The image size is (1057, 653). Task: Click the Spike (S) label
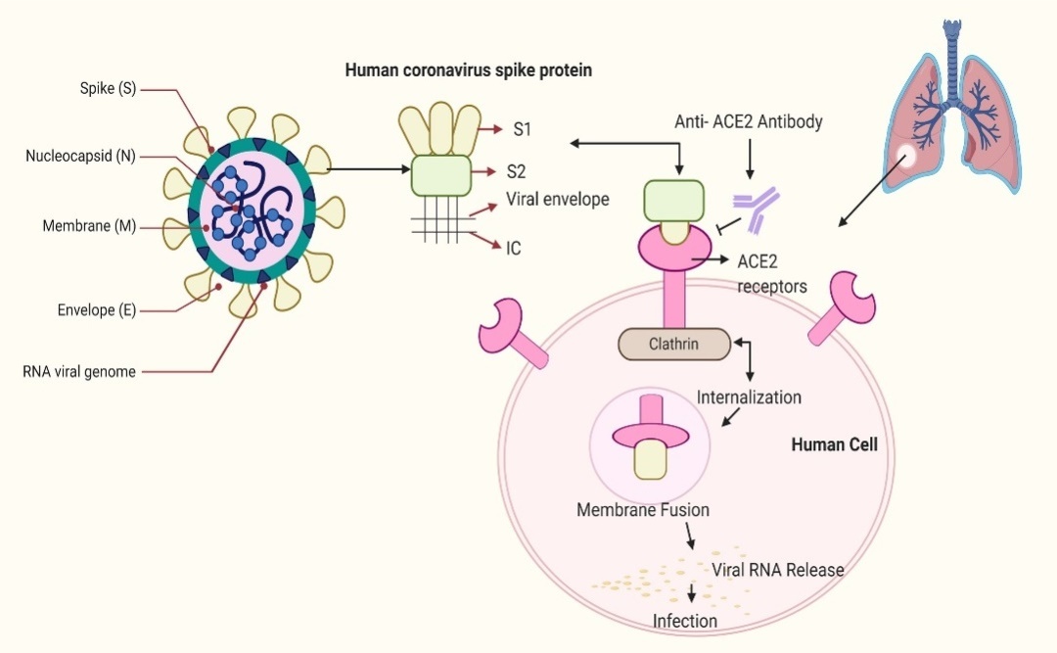click(108, 89)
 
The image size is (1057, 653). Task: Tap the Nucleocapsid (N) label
click(80, 156)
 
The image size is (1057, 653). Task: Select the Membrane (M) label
click(89, 226)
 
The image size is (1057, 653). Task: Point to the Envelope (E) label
click(96, 311)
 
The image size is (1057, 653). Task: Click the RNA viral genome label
click(79, 371)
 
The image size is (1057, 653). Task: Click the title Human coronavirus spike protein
click(468, 70)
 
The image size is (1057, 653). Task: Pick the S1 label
click(522, 129)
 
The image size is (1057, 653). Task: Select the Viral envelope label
click(557, 200)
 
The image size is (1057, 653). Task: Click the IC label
click(514, 248)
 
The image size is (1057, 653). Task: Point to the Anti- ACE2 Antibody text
click(748, 122)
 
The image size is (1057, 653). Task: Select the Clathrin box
click(674, 344)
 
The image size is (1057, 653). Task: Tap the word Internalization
click(749, 397)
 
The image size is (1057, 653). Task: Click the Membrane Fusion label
click(643, 510)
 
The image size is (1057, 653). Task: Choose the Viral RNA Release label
click(777, 569)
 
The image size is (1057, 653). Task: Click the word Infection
click(685, 621)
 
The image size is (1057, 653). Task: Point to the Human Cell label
click(834, 444)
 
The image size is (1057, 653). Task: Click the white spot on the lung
click(908, 155)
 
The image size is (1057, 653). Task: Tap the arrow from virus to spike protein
click(367, 168)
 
